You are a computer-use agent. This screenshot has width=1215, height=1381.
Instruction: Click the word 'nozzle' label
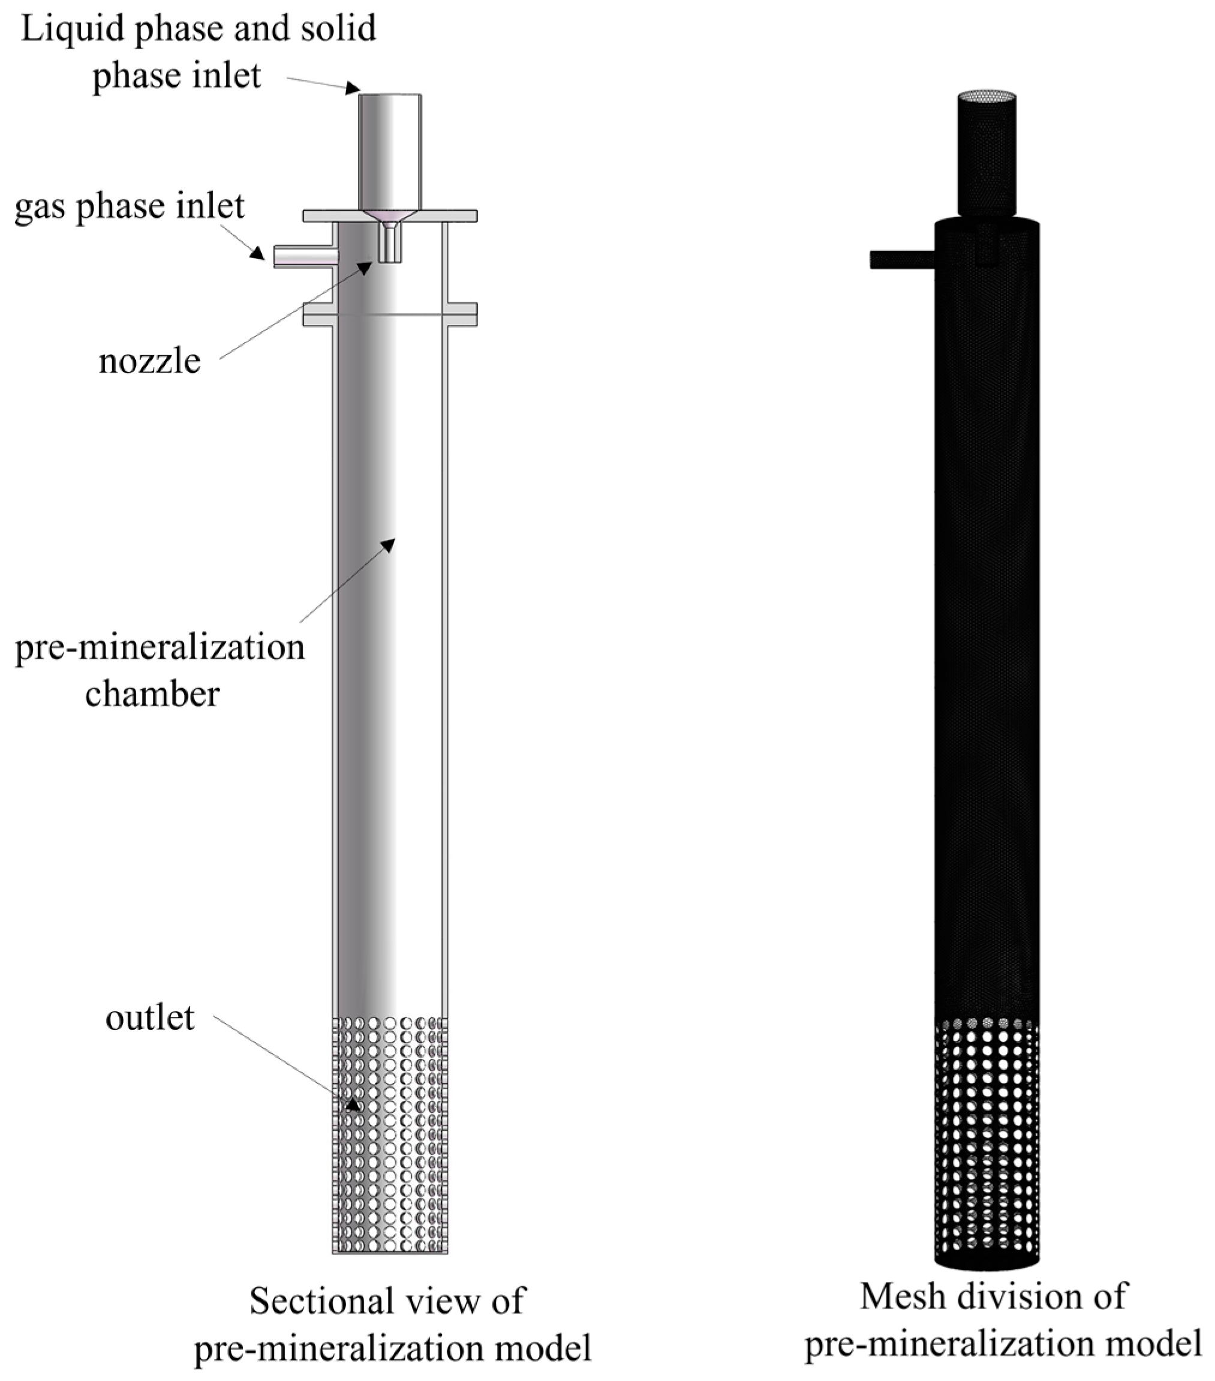[149, 362]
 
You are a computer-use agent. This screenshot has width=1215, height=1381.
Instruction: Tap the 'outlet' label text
[149, 1017]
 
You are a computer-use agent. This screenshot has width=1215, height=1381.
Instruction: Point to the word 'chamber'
[153, 694]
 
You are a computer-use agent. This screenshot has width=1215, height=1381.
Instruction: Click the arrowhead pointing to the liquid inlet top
[353, 89]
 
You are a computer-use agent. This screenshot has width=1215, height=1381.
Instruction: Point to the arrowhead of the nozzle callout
[365, 268]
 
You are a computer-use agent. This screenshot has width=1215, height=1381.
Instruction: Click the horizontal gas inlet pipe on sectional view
[304, 257]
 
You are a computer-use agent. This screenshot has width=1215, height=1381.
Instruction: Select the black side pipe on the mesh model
[901, 259]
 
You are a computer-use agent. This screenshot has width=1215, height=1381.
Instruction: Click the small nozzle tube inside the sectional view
[390, 245]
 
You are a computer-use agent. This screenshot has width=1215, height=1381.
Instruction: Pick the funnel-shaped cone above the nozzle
[390, 217]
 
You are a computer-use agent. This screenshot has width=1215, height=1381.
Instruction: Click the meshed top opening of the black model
[987, 97]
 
